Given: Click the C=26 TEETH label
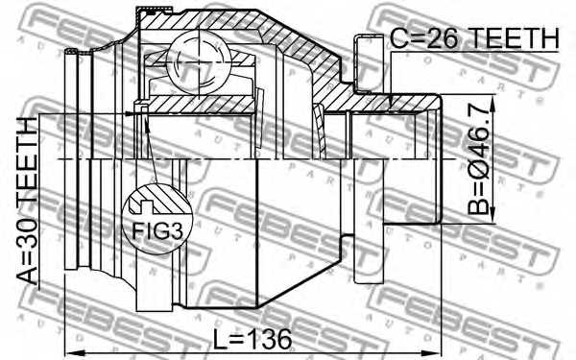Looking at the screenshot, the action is (474, 38).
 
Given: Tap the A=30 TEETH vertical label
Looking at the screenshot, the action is (28, 201).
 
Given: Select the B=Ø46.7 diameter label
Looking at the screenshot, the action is (479, 157).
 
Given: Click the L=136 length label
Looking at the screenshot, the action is (252, 339).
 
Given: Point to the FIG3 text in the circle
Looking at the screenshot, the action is (156, 230).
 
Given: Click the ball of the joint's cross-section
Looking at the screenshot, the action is (199, 62).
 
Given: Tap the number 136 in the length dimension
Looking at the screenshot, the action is (269, 339).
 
